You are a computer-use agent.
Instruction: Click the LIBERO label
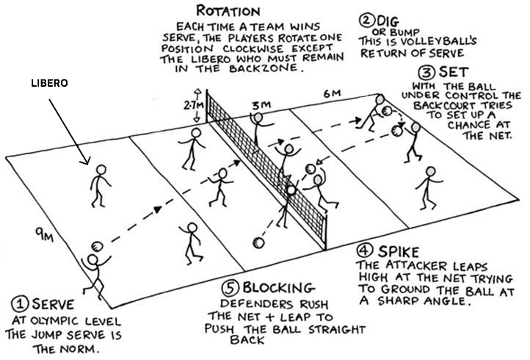49,83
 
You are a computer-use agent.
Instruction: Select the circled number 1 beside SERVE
19,302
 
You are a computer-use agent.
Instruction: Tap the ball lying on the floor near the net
256,242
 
